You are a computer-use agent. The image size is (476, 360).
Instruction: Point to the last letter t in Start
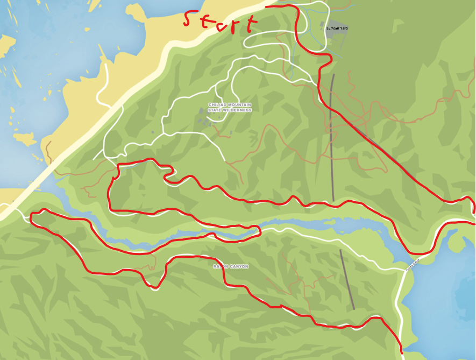(250, 24)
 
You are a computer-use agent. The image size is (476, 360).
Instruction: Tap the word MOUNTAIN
(238, 105)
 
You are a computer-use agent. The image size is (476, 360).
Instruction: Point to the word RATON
(219, 266)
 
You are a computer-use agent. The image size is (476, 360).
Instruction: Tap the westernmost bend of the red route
(32, 217)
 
